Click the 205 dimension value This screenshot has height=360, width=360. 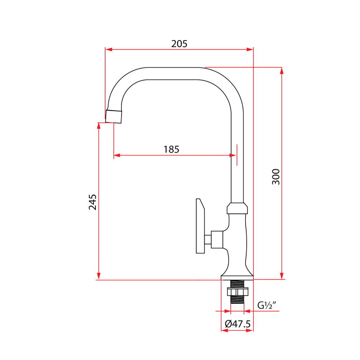point(179,44)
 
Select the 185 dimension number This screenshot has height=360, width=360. point(171,149)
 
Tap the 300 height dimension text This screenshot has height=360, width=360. point(276,176)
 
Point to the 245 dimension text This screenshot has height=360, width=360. point(93,202)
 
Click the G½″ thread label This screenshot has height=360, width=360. point(266,306)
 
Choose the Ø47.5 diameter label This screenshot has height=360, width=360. point(237,324)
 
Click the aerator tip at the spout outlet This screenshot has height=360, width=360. point(114,116)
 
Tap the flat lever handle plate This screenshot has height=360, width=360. point(200,226)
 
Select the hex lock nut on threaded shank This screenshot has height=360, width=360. point(237,292)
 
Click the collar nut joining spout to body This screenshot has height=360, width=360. point(237,208)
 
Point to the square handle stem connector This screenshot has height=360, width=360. point(216,239)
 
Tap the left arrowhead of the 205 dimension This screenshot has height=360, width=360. point(108,49)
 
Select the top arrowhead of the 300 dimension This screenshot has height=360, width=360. point(282,70)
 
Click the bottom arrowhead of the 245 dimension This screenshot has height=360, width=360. point(99,276)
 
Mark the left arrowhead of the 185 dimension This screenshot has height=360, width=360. point(117,156)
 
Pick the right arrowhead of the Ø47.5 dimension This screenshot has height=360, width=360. point(251,331)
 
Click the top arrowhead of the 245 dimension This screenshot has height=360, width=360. point(99,126)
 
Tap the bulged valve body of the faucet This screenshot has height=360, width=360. point(237,238)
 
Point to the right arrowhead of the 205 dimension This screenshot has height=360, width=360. point(251,49)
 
